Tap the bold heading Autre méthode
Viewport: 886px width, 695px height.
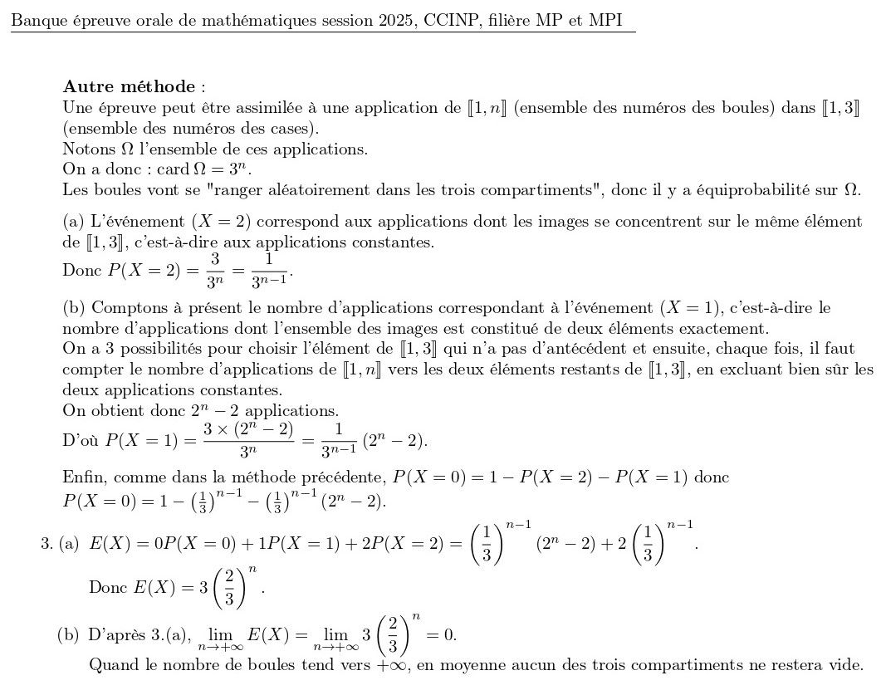(x=130, y=86)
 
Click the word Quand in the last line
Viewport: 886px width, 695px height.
(x=110, y=665)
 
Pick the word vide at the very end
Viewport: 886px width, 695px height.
(x=848, y=665)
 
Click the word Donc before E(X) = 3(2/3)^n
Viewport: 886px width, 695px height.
(x=106, y=585)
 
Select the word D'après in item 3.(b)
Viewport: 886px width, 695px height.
(x=115, y=636)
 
